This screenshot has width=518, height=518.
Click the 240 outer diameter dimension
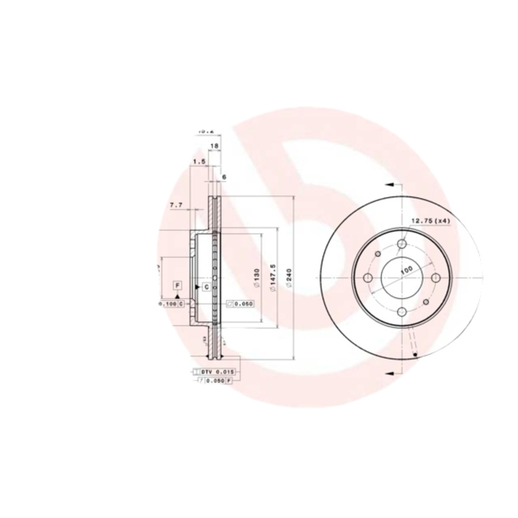pos(289,279)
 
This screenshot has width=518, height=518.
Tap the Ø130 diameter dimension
pos(256,279)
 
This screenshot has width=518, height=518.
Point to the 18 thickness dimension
pos(214,147)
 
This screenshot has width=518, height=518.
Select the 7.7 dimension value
pos(176,205)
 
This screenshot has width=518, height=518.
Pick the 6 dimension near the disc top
pos(223,176)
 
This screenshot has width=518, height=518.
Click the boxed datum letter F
pos(177,285)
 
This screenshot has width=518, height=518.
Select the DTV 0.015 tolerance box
pos(214,372)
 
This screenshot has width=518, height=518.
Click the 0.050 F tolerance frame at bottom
pos(214,381)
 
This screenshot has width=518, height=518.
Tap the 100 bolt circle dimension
pos(405,269)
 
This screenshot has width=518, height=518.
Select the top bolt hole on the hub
pos(401,243)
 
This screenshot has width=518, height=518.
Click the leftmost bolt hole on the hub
pos(368,278)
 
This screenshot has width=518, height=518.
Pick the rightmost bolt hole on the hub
pos(436,278)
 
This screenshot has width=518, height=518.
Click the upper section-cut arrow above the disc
pos(390,185)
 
